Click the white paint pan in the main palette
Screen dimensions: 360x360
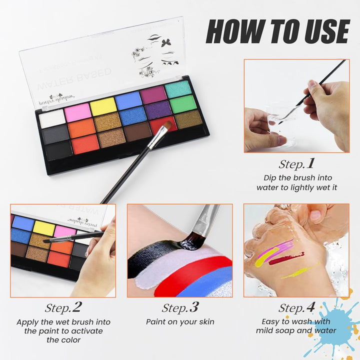[52, 118]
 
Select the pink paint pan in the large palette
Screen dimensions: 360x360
[78, 111]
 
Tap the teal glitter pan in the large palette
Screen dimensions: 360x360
[177, 88]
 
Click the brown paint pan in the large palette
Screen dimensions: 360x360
[136, 131]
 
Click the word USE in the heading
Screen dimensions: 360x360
[322, 31]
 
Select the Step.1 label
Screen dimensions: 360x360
[297, 163]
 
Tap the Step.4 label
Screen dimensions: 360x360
[297, 307]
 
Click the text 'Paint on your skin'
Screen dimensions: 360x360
[180, 322]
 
